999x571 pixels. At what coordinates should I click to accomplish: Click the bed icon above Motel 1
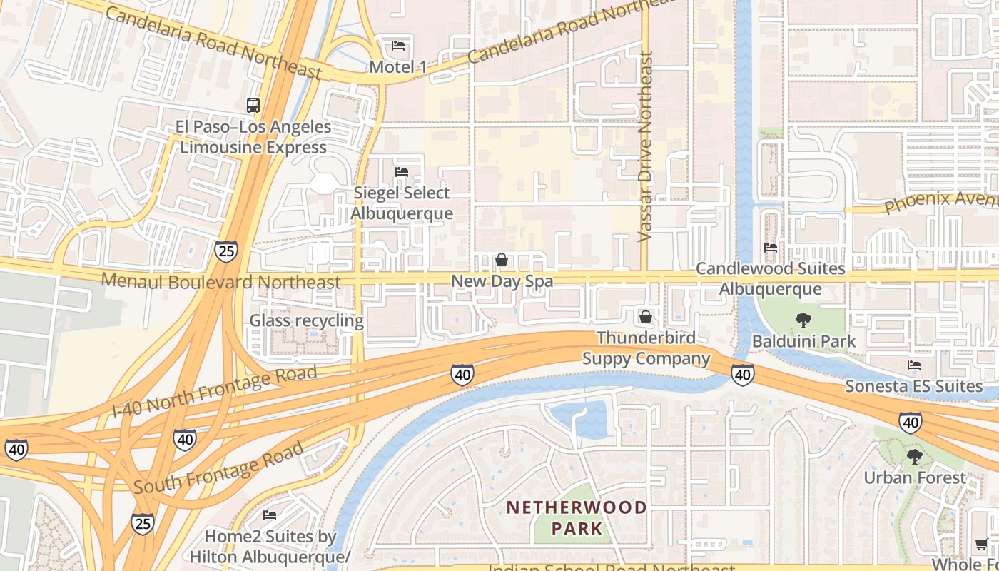click(398, 46)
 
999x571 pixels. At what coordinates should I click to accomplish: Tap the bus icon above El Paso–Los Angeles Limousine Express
click(253, 106)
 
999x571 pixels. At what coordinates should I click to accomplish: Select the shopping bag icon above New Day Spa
click(502, 260)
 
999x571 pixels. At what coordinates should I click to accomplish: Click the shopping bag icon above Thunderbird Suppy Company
click(646, 316)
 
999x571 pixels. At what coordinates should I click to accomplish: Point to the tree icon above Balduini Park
click(803, 320)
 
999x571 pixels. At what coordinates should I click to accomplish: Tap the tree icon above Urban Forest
click(914, 456)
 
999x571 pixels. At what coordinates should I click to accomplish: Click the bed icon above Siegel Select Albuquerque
click(402, 172)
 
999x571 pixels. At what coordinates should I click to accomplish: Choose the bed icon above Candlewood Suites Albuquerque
click(771, 248)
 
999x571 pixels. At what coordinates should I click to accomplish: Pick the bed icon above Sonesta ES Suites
click(913, 365)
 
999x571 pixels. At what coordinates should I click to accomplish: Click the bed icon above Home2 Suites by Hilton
click(270, 515)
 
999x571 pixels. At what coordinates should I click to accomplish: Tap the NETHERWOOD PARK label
click(577, 518)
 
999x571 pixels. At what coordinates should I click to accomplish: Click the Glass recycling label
click(306, 320)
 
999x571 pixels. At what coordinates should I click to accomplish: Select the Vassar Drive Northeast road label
click(646, 146)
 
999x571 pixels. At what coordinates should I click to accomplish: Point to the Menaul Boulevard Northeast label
click(221, 281)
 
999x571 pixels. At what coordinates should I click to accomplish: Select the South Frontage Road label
click(218, 468)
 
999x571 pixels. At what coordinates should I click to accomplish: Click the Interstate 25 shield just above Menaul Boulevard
click(225, 251)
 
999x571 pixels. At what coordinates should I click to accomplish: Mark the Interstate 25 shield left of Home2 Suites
click(142, 524)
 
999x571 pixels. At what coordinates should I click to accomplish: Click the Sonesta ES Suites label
click(913, 387)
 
